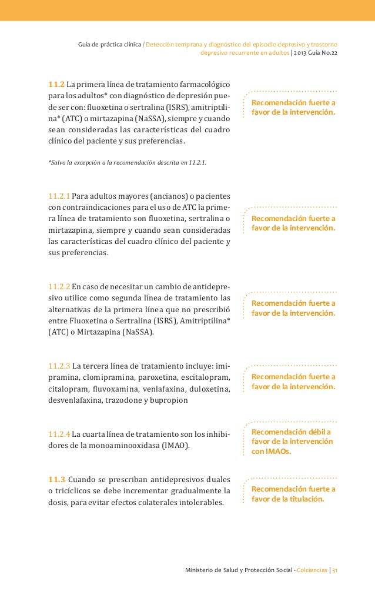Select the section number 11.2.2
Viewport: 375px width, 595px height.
[59, 287]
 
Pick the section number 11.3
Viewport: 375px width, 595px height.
[56, 479]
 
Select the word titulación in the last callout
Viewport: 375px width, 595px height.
[303, 499]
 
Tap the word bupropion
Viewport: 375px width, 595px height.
[170, 401]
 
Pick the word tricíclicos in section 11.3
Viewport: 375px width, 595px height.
[73, 490]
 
